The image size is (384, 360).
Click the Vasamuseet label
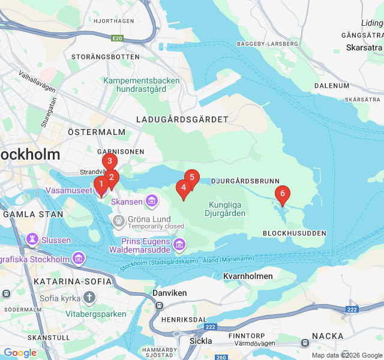pos(69,190)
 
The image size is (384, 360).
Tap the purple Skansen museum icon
pos(151,200)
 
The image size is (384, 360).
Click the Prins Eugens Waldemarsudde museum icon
pos(179,245)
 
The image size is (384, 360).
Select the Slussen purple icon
pos(32,240)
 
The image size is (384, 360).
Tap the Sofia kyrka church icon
pos(89,298)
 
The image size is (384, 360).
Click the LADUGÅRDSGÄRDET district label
pos(182,119)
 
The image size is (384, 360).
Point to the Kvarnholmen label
pos(247,277)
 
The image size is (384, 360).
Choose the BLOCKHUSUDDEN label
pos(294,233)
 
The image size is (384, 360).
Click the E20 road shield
pos(117,38)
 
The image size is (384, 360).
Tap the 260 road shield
pos(221,357)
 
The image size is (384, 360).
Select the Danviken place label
pos(170,293)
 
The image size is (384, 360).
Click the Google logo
pos(20,353)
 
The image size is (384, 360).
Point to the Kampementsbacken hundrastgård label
pos(142,85)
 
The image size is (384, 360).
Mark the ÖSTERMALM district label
pos(97,132)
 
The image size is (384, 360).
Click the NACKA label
pos(328,336)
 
